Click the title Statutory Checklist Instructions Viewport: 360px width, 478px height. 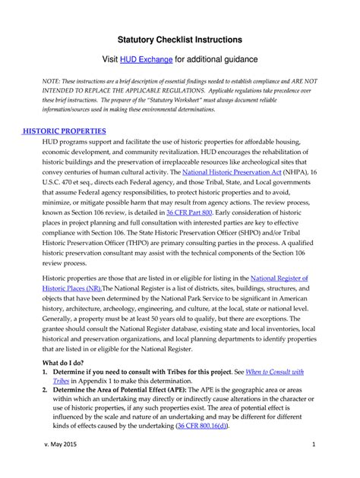point(179,38)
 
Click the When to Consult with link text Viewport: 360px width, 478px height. point(270,372)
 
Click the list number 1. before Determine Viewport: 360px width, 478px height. point(47,372)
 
